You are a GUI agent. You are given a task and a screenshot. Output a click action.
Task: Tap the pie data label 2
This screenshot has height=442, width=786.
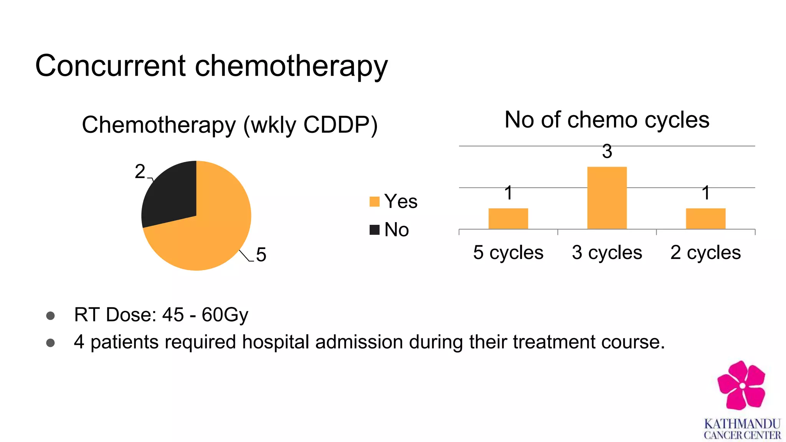pyautogui.click(x=140, y=172)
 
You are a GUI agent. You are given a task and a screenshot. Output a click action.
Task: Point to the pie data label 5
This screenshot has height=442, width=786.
pyautogui.click(x=261, y=255)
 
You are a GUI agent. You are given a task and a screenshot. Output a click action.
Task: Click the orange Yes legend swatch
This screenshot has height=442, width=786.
pyautogui.click(x=374, y=201)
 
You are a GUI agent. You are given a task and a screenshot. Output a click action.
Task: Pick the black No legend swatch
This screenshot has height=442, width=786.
pyautogui.click(x=374, y=230)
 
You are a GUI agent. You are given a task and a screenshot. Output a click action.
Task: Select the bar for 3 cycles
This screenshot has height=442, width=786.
pyautogui.click(x=607, y=198)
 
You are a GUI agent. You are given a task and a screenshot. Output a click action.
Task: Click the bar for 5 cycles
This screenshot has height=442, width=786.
pyautogui.click(x=508, y=219)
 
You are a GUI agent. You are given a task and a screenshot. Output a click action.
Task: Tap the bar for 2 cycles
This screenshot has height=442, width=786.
pyautogui.click(x=705, y=219)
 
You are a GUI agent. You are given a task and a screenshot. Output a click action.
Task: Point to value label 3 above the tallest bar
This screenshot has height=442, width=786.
pyautogui.click(x=607, y=152)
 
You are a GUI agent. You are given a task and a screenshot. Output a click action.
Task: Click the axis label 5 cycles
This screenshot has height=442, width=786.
pyautogui.click(x=508, y=252)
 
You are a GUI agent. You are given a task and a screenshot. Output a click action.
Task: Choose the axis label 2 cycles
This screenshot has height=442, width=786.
pyautogui.click(x=705, y=252)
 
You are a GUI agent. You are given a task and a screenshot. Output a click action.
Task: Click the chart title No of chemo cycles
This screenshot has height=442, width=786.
pyautogui.click(x=607, y=120)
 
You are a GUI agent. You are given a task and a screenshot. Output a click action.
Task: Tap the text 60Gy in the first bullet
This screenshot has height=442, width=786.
pyautogui.click(x=225, y=315)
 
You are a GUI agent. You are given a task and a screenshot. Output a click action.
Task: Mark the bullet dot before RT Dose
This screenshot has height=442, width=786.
pyautogui.click(x=50, y=315)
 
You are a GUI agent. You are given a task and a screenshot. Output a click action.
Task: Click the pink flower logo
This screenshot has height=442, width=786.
pyautogui.click(x=741, y=385)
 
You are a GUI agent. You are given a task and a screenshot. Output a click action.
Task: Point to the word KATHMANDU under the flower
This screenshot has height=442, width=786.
pyautogui.click(x=742, y=424)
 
